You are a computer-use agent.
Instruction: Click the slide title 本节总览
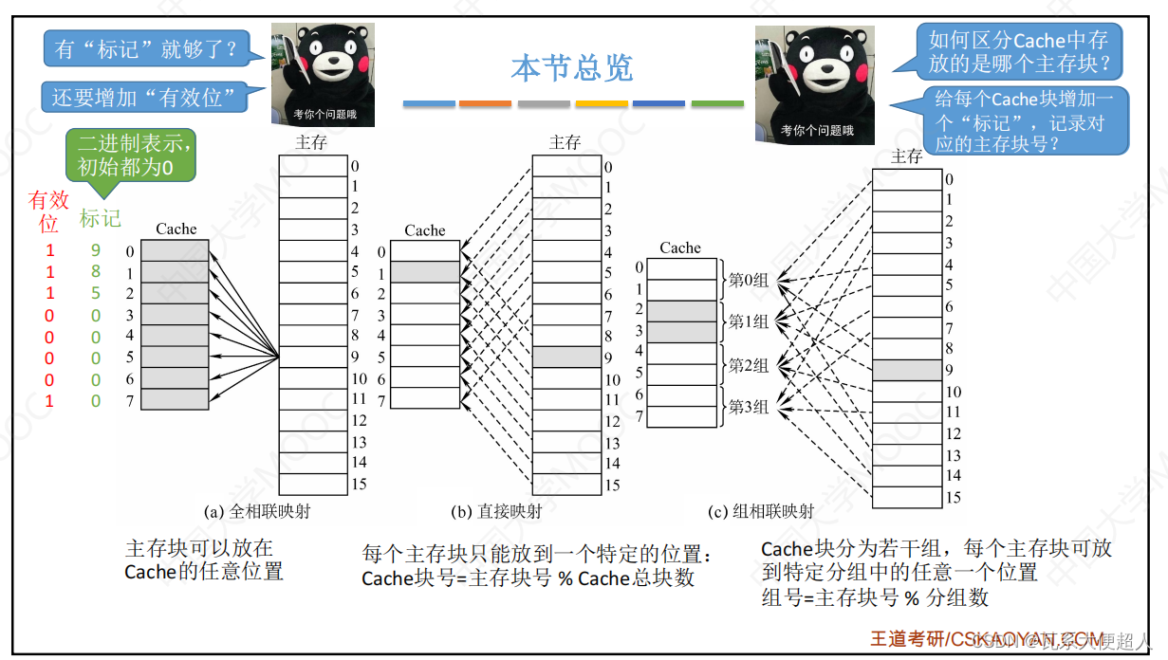tap(571, 68)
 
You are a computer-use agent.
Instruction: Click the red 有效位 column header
tap(49, 211)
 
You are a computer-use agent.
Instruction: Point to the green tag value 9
tap(96, 251)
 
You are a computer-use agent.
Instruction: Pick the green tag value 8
tap(96, 272)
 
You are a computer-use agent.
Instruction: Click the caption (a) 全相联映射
tap(257, 511)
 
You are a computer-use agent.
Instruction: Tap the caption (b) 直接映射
tap(497, 511)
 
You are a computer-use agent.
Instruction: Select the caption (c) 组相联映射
tap(762, 511)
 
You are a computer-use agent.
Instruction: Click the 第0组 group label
tap(749, 280)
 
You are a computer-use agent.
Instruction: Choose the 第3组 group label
tap(749, 407)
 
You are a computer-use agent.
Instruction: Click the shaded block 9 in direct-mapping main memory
tap(566, 357)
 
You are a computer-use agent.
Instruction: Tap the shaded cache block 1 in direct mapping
tap(425, 272)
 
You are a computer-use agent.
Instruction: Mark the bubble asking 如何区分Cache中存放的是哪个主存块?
tap(1017, 53)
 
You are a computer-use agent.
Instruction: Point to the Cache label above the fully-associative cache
tap(176, 229)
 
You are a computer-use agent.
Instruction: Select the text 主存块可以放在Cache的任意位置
tap(204, 559)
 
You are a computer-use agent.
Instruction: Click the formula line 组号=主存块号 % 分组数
tap(875, 597)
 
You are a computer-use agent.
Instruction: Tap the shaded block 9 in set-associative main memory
tap(907, 370)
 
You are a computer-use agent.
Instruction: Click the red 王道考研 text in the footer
tap(907, 639)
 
